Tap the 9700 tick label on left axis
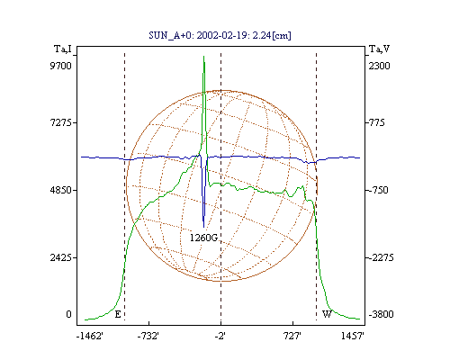(60, 66)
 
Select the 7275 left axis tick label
(60, 122)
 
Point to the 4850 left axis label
(60, 190)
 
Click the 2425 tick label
(60, 257)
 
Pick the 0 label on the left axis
(69, 314)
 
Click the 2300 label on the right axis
(379, 66)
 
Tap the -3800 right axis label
(381, 314)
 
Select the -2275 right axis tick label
(381, 257)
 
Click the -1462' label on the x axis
(90, 336)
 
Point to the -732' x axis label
(148, 336)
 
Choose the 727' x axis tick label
(292, 336)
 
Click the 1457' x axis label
(353, 336)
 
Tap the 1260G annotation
(203, 238)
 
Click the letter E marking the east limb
(118, 314)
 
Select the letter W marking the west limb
(327, 314)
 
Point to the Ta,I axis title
(63, 49)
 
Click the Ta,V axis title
(380, 49)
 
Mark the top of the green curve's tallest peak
(203, 56)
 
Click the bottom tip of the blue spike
(204, 227)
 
